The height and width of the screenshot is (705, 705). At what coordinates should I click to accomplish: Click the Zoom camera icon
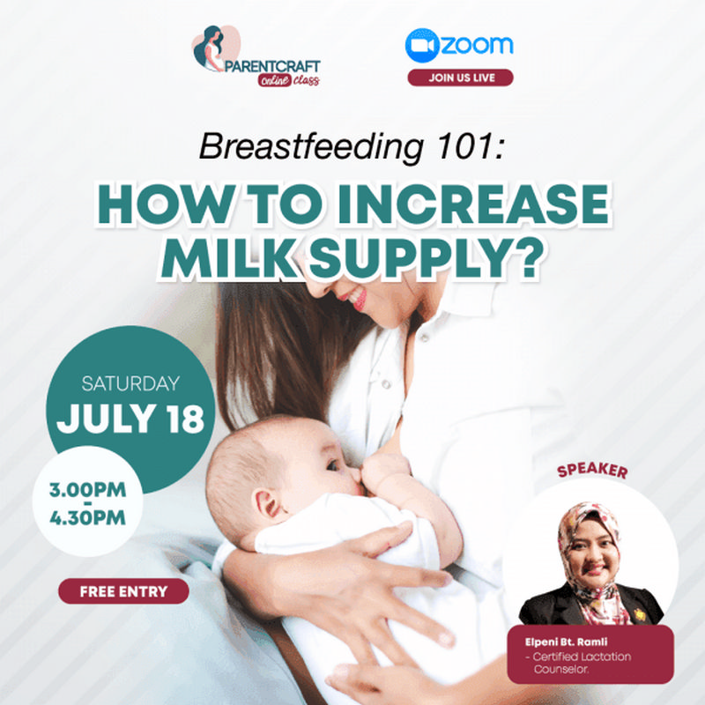(422, 46)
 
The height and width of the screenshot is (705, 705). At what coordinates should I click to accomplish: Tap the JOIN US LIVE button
(460, 78)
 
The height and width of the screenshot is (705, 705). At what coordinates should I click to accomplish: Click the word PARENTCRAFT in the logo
(272, 67)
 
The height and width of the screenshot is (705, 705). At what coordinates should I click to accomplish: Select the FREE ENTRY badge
(123, 590)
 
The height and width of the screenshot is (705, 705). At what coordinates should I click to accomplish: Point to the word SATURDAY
(130, 383)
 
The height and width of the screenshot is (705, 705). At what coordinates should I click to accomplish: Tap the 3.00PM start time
(87, 490)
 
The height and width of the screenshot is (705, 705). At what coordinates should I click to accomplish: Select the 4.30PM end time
(87, 517)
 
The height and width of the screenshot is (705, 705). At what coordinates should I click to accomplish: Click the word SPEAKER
(592, 471)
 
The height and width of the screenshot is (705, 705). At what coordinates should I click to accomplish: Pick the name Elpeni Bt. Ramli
(566, 642)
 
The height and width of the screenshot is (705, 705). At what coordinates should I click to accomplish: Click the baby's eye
(332, 465)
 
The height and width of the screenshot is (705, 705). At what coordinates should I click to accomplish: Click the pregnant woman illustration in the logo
(211, 48)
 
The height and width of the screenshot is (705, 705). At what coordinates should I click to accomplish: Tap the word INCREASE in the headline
(474, 204)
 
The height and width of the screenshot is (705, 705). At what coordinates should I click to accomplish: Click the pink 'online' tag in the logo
(274, 80)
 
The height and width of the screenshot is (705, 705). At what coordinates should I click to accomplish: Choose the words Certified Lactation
(582, 657)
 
